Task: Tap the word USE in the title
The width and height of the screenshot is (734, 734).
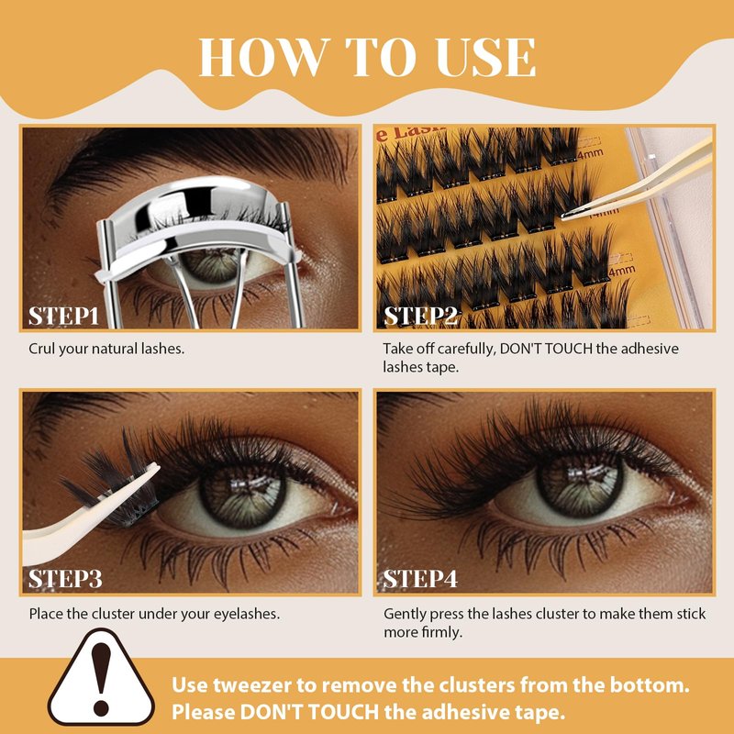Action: pos(486,57)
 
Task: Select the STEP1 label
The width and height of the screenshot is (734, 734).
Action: pos(63,316)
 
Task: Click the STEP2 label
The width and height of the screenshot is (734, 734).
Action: pos(420,316)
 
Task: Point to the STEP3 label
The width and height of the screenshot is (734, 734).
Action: pos(65,579)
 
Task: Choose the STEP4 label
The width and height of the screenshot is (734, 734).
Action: pos(420,579)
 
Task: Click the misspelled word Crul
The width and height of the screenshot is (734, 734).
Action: pos(42,349)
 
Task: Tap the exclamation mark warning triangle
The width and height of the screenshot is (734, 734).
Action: pos(101,678)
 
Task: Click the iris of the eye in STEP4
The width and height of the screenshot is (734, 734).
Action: pos(579,484)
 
